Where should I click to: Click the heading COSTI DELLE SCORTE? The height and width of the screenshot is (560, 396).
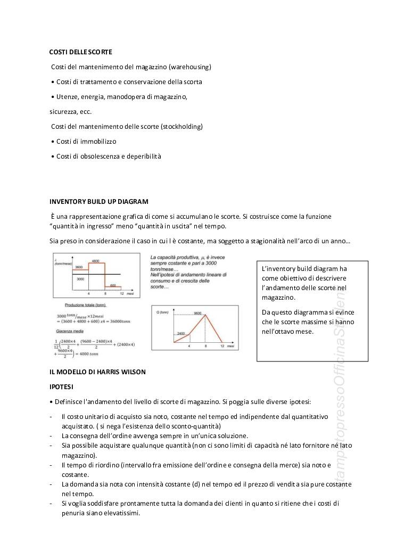coord(80,52)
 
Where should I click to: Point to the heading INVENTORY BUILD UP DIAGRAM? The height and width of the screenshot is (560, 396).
coord(98,202)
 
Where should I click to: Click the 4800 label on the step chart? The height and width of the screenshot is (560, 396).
coord(95,261)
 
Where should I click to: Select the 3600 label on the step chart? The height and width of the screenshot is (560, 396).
coord(78,266)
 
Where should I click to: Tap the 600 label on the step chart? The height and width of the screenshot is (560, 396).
coord(113,286)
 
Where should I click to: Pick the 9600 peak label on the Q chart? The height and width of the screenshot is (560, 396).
coord(197,313)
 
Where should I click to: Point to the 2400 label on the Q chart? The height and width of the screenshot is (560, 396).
coord(181,334)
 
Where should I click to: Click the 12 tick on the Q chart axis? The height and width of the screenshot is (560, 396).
coord(221,346)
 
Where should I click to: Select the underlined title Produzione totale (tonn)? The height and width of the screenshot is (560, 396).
coord(85,305)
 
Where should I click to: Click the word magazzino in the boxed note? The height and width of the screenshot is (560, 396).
coord(278,298)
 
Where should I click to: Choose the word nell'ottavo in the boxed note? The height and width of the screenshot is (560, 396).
coord(279,332)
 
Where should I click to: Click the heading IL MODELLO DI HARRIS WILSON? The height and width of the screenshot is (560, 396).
coord(97,371)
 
